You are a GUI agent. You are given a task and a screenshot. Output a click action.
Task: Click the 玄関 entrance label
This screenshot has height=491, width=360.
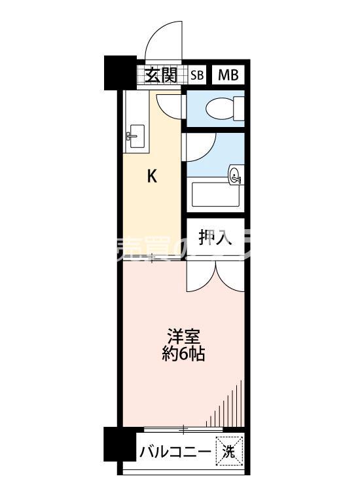coord(161,75)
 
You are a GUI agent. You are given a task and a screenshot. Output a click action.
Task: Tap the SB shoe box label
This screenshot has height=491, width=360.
coord(197,75)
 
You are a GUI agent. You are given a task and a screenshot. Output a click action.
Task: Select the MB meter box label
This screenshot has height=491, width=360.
coord(228,75)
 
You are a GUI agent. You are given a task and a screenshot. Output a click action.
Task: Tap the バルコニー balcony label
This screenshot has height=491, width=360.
coord(174,452)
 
